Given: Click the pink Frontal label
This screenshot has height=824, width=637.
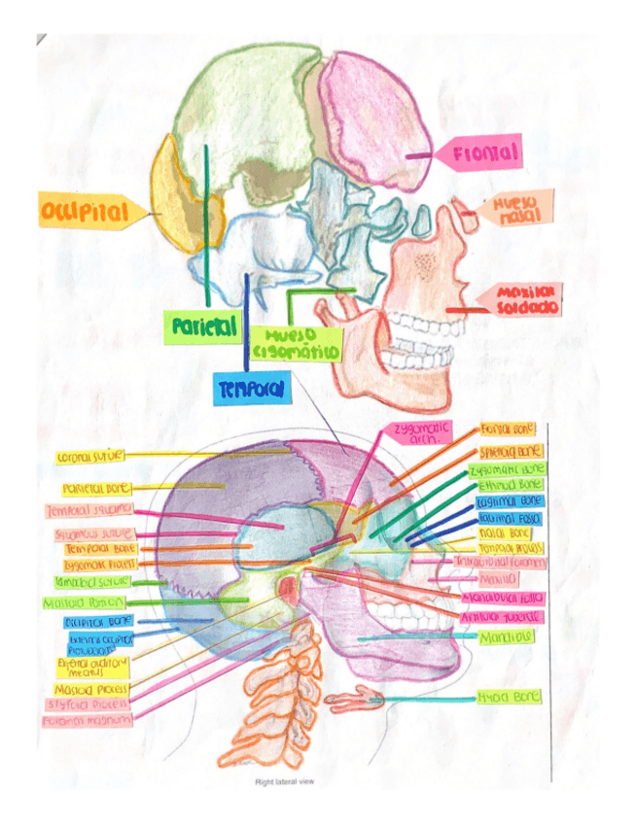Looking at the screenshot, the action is [481, 154].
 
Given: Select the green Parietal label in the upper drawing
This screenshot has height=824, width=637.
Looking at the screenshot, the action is [202, 327].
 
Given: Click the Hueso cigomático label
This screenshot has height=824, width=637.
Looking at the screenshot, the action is [297, 342].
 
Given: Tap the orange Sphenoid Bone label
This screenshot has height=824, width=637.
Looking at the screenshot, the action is [509, 452].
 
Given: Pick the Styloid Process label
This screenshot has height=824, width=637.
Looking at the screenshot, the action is [88, 704].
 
